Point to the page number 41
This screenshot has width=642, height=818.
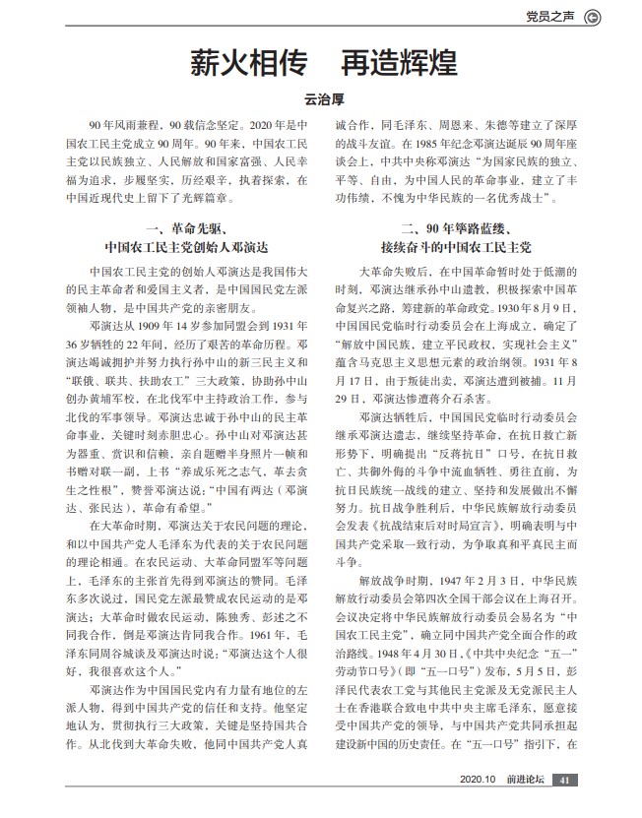(564, 807)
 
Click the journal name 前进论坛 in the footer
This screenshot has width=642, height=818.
(523, 807)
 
